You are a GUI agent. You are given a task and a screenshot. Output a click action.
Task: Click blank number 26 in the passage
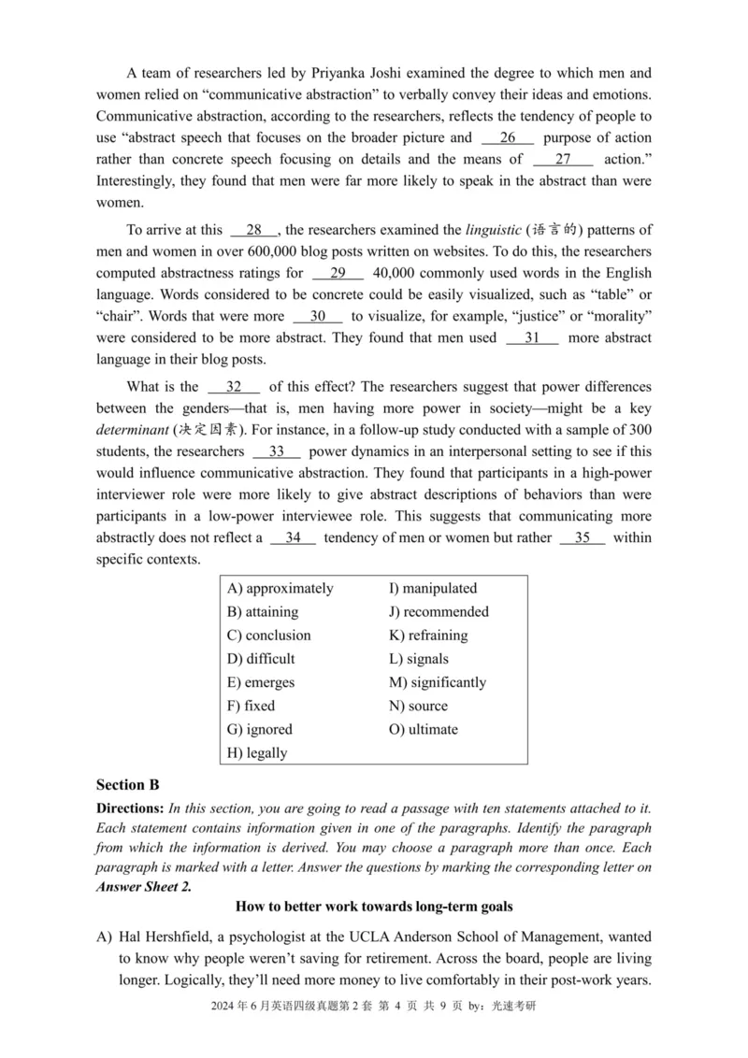(x=508, y=137)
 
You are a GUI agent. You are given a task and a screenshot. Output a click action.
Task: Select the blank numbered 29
(x=338, y=273)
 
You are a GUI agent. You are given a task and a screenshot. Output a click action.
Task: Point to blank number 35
(x=583, y=537)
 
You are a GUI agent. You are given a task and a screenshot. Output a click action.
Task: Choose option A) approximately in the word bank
(x=280, y=589)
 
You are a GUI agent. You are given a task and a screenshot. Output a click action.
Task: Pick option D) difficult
(x=261, y=659)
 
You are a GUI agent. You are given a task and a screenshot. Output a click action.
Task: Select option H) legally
(x=257, y=753)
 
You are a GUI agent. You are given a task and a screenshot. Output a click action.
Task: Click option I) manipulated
(x=433, y=589)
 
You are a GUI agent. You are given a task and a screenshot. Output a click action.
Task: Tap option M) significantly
(x=438, y=682)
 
